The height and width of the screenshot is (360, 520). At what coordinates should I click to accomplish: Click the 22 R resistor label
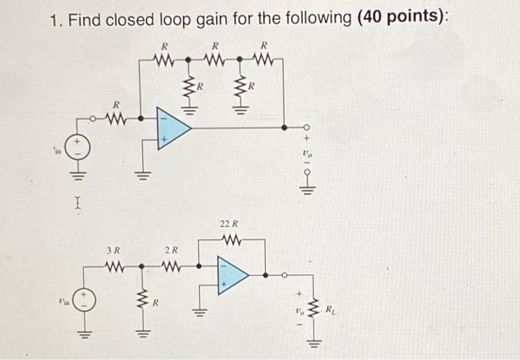point(230,223)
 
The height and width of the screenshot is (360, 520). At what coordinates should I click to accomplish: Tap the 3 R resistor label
point(114,250)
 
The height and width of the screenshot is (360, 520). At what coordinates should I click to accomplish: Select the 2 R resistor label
point(170,250)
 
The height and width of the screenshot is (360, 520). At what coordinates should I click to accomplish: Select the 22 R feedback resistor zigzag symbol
point(230,239)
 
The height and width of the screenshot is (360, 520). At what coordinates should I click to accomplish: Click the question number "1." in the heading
point(57,20)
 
